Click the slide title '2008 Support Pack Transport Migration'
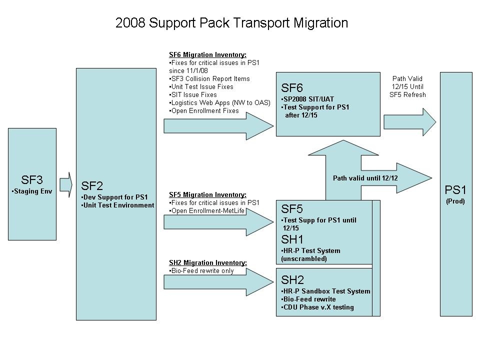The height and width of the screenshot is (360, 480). pos(231,23)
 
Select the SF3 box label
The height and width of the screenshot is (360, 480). pos(32,180)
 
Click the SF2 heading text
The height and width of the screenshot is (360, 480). pos(92,186)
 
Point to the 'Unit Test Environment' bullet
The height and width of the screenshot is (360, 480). pos(118,205)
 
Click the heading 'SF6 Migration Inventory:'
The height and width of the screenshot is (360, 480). pos(207,55)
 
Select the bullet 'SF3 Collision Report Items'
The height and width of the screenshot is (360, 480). pos(210,78)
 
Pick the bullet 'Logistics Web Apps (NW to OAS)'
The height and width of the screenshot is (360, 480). pos(220,102)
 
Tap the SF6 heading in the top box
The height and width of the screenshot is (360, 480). pos(292,88)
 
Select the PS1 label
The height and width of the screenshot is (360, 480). pos(455,190)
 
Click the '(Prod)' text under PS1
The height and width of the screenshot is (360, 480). pos(455,201)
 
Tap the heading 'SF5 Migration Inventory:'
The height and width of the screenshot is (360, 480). pos(207,194)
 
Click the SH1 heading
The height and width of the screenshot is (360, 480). pos(292,239)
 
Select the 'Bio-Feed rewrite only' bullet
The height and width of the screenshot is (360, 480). pos(201,270)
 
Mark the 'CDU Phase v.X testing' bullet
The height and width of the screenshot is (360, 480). pos(318,307)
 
